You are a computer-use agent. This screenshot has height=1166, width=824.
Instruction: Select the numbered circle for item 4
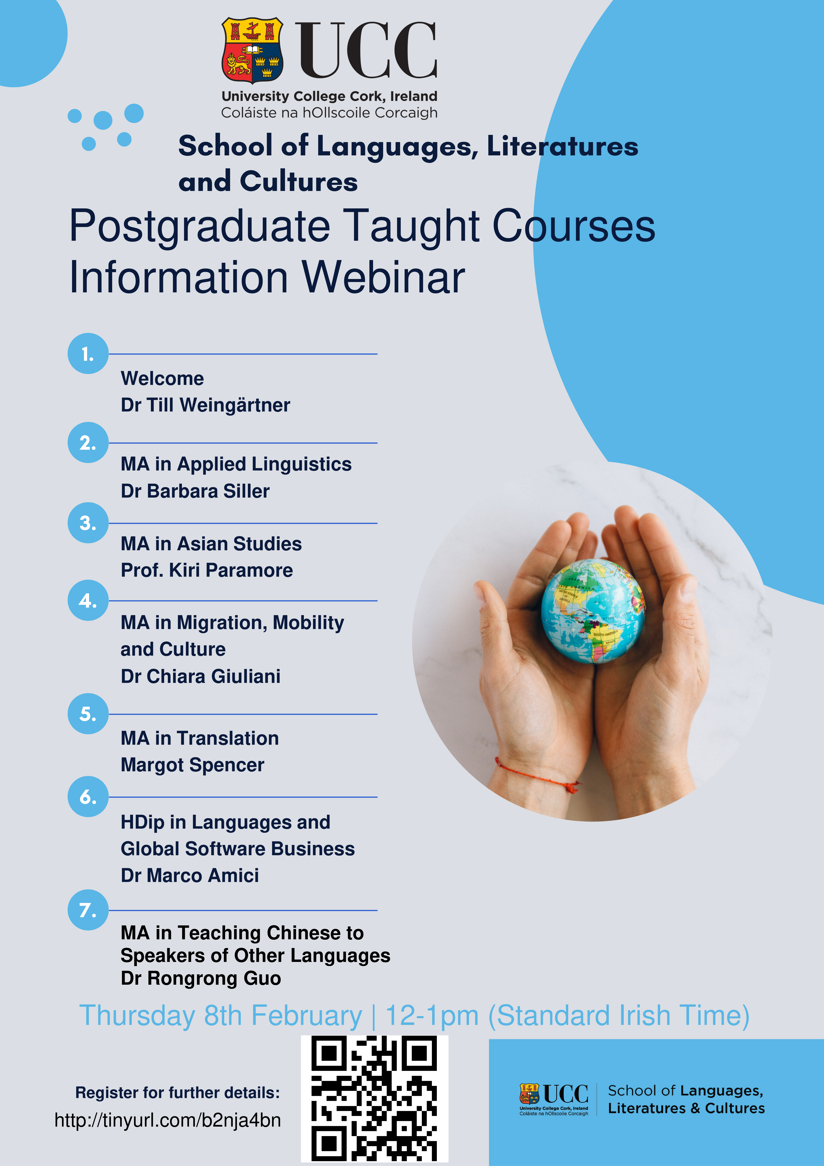[88, 600]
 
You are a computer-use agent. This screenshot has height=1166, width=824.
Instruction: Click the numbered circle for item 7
[88, 910]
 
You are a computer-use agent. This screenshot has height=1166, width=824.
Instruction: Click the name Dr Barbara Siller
[195, 491]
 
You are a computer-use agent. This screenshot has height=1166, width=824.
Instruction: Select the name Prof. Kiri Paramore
[207, 570]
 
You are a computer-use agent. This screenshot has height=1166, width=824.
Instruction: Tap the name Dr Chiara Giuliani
[201, 676]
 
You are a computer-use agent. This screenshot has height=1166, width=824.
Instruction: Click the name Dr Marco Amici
[190, 875]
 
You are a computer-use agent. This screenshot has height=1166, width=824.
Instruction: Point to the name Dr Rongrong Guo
[201, 978]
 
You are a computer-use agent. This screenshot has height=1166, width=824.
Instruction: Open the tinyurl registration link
[167, 1120]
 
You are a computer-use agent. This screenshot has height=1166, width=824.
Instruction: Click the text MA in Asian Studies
[211, 544]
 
